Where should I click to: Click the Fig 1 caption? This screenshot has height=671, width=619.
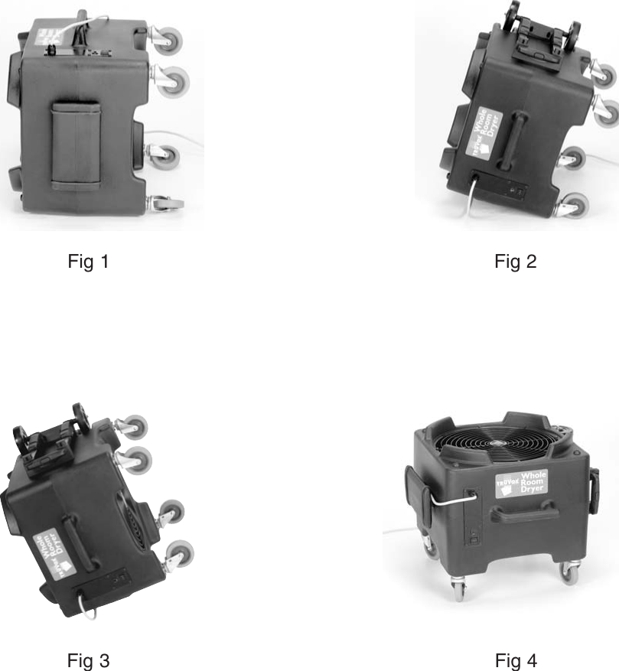click(x=88, y=262)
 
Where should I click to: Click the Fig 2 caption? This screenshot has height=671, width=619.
click(x=515, y=262)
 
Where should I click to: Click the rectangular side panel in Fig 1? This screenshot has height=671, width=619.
click(x=76, y=145)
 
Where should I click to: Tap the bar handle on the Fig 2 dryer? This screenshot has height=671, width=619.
click(x=513, y=137)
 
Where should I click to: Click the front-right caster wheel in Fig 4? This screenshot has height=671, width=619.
click(x=569, y=572)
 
